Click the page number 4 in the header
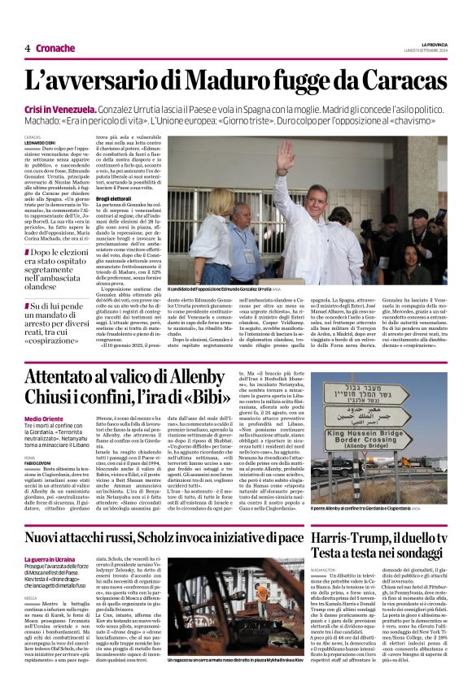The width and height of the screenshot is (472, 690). [27, 49]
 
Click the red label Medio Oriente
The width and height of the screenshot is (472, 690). [43, 419]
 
